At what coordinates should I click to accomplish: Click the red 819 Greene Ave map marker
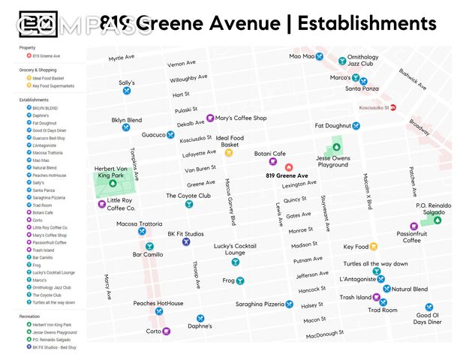[x=287, y=166]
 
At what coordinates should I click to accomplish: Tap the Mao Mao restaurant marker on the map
[x=319, y=56]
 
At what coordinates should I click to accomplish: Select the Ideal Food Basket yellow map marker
[x=229, y=153]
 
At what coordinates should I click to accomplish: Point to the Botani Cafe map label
[x=270, y=154]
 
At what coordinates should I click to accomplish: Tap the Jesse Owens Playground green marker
[x=336, y=147]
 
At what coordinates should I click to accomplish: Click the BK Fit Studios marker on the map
[x=186, y=242]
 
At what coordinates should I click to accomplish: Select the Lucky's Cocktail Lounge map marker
[x=235, y=262]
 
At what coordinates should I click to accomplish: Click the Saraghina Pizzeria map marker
[x=290, y=304]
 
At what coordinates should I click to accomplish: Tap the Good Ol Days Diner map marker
[x=428, y=307]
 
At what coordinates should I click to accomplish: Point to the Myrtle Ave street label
[x=122, y=58]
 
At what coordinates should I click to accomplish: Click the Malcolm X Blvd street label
[x=368, y=190]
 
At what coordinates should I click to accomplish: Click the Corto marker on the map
[x=167, y=331]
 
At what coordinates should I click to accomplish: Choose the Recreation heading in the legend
[x=31, y=316]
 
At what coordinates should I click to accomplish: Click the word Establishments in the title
[x=367, y=23]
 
